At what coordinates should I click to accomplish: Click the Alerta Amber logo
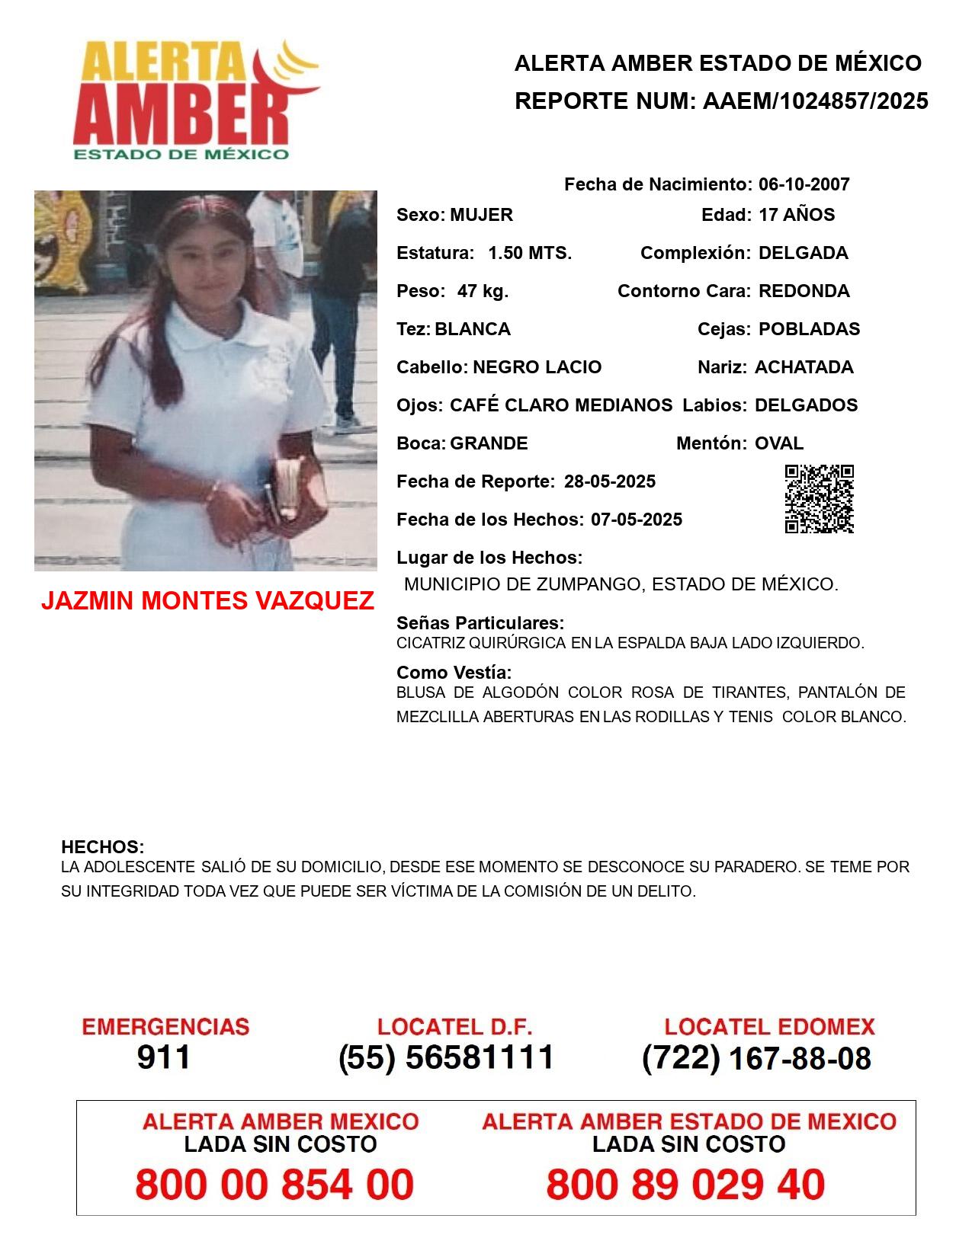coord(194,101)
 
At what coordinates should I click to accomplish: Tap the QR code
coord(819,499)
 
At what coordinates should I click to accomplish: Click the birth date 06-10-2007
coord(804,184)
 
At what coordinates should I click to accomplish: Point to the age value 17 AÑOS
coord(797,215)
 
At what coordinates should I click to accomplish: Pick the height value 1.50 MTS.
coord(530,253)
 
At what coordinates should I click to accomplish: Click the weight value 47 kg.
coord(483,291)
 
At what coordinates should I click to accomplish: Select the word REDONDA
coord(804,291)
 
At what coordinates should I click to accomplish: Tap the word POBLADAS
coord(809,329)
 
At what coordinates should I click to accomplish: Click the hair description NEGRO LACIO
coord(537,367)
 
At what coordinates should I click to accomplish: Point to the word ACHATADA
coord(804,367)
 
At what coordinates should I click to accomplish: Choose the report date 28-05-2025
coord(610,481)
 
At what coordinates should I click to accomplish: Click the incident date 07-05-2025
coord(637,520)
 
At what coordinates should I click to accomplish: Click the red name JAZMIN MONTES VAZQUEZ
coord(207,601)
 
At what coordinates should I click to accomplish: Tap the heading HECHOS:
coord(102,847)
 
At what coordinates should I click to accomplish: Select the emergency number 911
coord(164,1057)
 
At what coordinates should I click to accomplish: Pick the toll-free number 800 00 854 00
coord(274,1185)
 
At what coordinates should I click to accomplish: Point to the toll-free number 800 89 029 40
coord(685,1185)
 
